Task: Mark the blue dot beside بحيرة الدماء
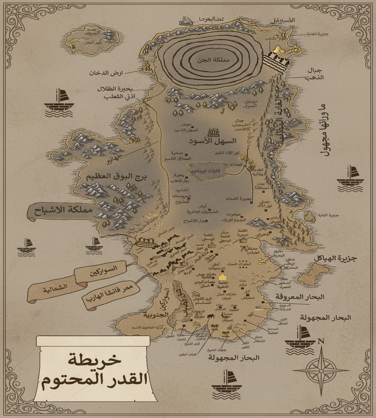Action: click(252, 203)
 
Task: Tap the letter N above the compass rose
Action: click(321, 341)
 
